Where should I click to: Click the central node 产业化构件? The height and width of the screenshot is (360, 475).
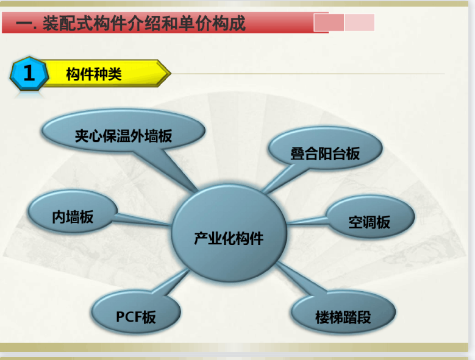(229, 233)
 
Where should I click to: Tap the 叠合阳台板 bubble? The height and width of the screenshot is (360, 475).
(325, 148)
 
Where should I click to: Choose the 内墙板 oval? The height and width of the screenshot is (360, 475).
(73, 212)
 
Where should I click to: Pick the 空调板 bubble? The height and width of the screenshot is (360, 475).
(370, 217)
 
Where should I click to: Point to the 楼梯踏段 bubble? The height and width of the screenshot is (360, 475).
(343, 312)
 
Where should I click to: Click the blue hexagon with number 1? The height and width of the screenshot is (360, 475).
(29, 74)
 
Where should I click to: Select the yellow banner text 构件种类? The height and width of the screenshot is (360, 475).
(94, 74)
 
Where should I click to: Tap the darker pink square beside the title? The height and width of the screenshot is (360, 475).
(329, 23)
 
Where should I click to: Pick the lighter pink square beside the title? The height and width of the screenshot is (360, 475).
(360, 23)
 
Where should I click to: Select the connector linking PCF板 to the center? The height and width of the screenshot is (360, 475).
(171, 282)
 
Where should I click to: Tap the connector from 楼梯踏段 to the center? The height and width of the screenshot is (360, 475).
(301, 278)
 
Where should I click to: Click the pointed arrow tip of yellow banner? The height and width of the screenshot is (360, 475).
(171, 73)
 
